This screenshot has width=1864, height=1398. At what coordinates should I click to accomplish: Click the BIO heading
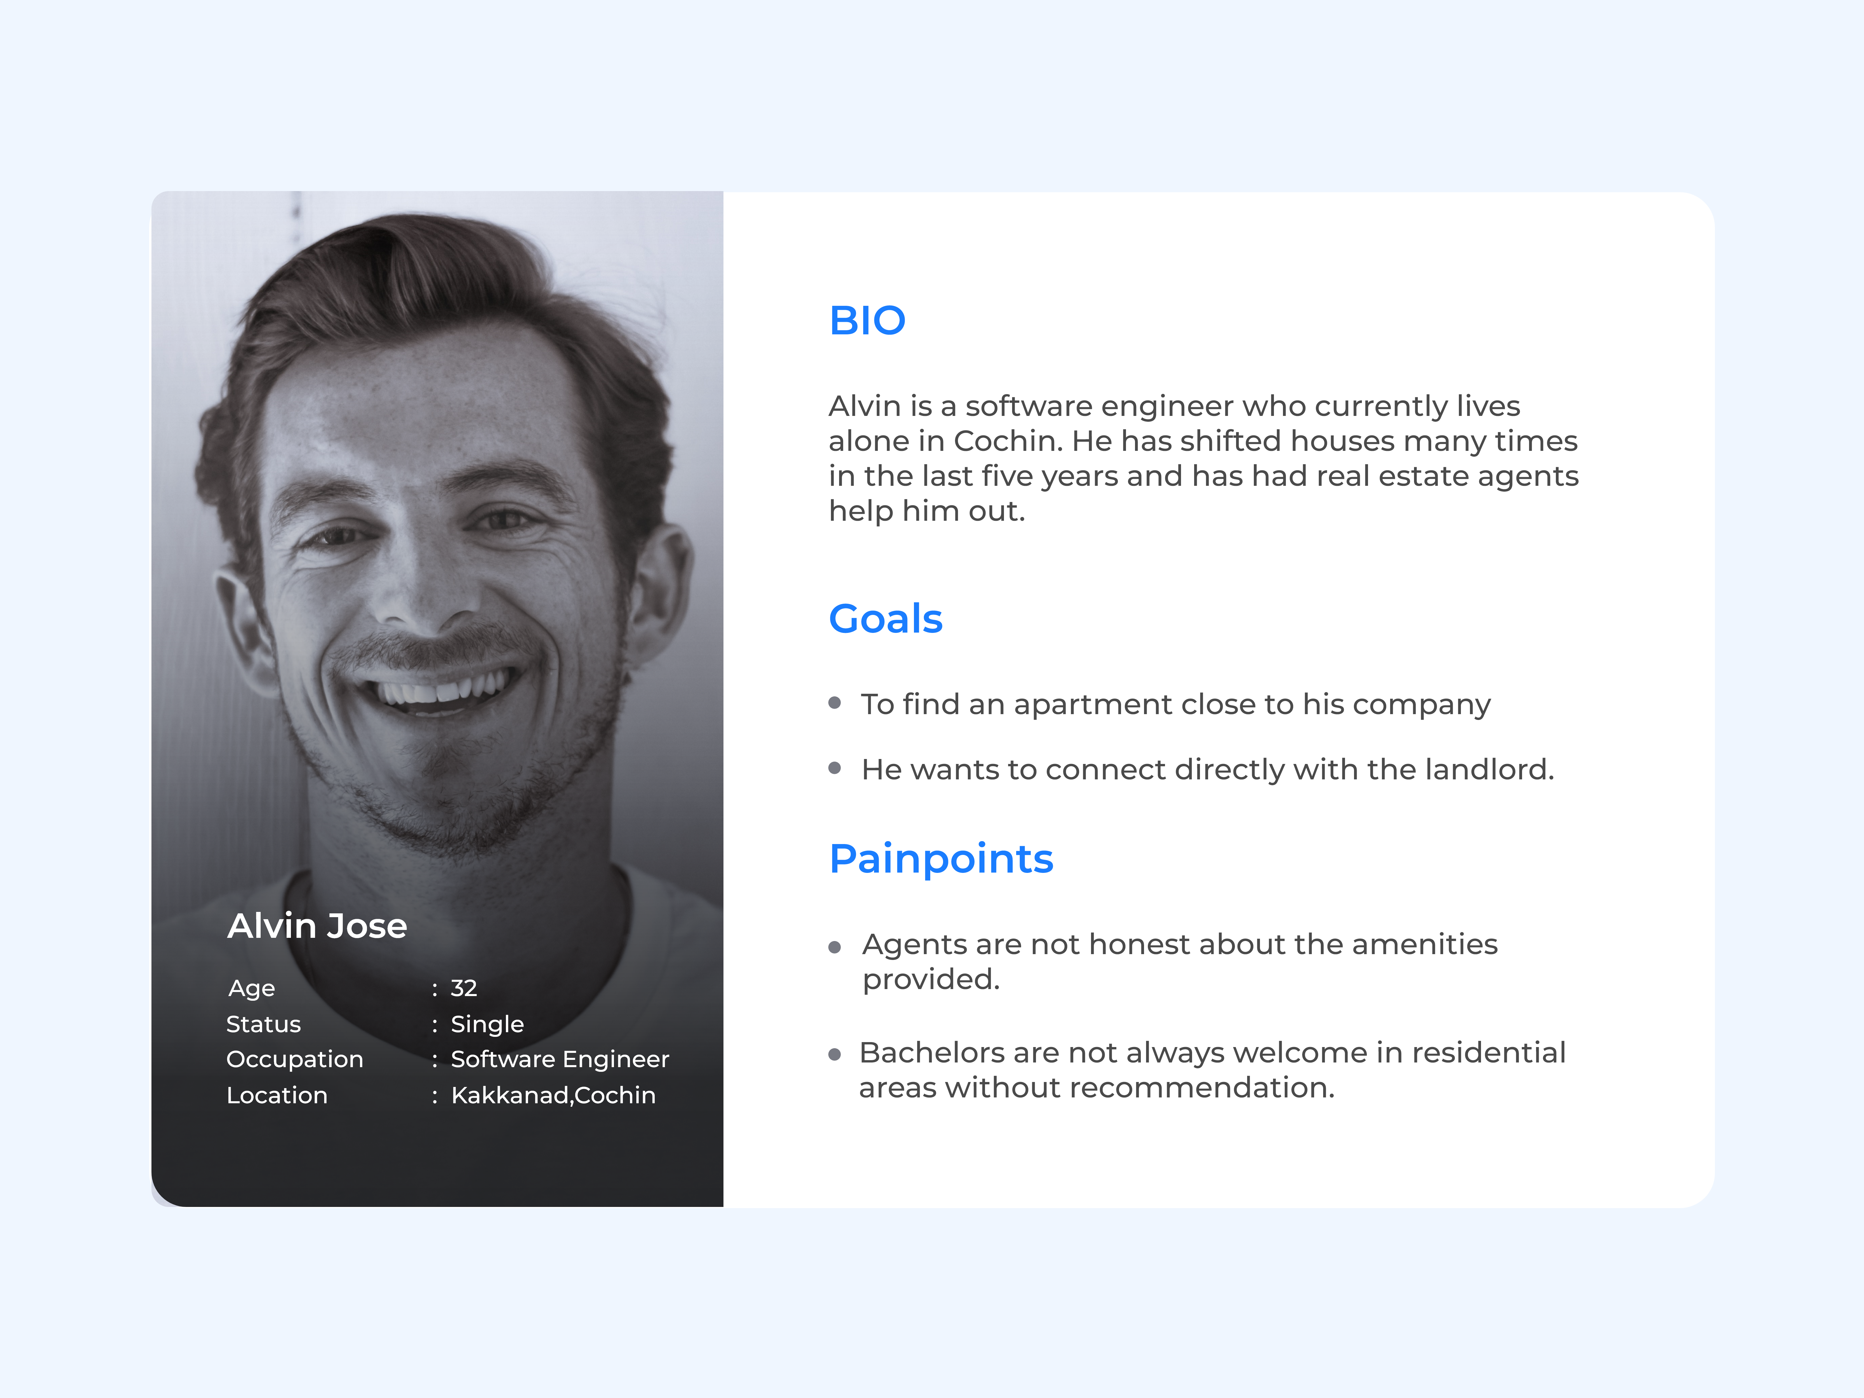(x=867, y=320)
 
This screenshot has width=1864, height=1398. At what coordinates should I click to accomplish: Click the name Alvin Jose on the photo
(x=317, y=926)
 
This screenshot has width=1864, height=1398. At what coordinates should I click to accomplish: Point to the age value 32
(x=463, y=988)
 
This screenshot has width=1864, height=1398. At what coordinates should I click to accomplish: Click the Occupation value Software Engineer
(x=559, y=1059)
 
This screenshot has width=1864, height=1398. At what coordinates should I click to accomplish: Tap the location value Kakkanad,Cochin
(x=553, y=1095)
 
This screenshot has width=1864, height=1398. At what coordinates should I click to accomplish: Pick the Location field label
(x=276, y=1095)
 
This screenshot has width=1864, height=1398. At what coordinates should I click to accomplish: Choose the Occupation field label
(x=294, y=1059)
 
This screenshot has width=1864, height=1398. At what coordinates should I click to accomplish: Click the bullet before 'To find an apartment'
(x=835, y=703)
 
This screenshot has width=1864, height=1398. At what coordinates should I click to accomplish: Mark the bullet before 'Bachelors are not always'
(x=835, y=1054)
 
